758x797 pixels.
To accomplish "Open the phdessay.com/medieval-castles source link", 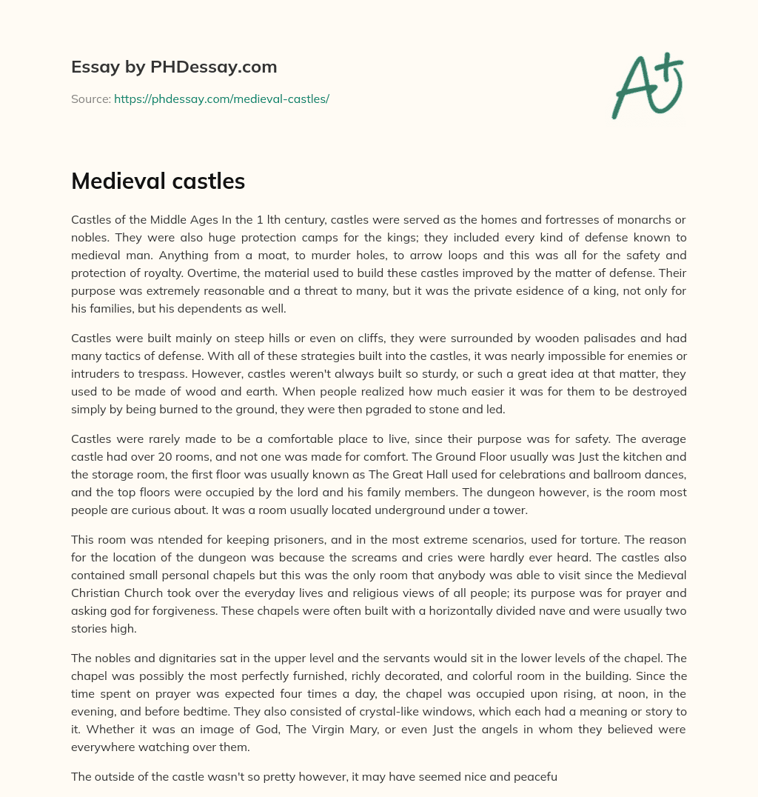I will (221, 99).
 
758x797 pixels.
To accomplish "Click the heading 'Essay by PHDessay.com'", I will (174, 67).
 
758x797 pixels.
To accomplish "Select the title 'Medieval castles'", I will (158, 181).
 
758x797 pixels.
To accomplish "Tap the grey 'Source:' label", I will (90, 99).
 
